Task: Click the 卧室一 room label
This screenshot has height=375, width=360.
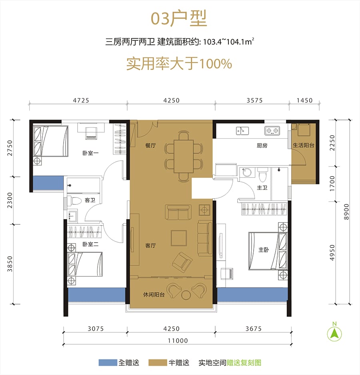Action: tap(90, 153)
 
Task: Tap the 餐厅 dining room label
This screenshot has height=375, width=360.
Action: tap(150, 145)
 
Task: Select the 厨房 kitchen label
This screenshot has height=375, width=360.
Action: tap(262, 145)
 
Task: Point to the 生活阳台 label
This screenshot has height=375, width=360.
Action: tap(304, 145)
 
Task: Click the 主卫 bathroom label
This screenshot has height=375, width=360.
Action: tap(262, 188)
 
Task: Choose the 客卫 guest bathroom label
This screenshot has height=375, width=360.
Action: tap(90, 200)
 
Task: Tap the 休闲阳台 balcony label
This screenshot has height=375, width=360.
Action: tap(154, 294)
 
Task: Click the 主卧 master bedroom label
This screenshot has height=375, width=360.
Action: tap(264, 250)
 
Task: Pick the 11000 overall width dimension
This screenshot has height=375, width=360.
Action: tap(178, 340)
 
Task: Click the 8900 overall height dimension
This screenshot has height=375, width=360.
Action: tap(346, 212)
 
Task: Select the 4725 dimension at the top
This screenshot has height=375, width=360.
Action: tap(81, 100)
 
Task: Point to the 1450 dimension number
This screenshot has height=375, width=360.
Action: tap(304, 100)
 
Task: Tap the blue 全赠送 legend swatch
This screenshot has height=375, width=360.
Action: tap(108, 363)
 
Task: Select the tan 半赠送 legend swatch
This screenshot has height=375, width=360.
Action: tap(158, 363)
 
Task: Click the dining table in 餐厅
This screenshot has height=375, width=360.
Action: tap(184, 156)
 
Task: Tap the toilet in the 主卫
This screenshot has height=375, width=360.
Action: tap(263, 174)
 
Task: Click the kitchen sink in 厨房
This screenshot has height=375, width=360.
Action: tap(242, 131)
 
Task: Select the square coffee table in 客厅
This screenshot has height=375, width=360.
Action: tap(178, 238)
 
